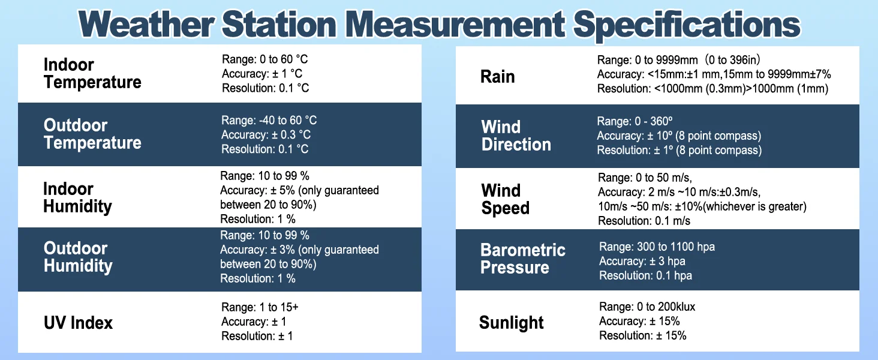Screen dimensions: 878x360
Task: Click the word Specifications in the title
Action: pos(687,25)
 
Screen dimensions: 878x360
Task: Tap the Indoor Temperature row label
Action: pos(92,73)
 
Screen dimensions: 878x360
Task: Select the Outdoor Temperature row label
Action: pos(92,134)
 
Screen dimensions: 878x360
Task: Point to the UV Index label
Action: pos(78,323)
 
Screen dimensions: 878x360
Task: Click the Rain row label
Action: pos(497,76)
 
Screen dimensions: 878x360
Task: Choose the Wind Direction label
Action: pos(516,136)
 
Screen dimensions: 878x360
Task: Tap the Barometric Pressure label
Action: pos(523,259)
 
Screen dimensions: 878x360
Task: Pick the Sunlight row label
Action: pos(511,323)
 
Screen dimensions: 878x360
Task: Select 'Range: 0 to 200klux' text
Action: pos(647,307)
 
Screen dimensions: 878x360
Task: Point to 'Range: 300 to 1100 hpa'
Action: pos(657,247)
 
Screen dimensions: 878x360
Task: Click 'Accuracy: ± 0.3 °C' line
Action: pos(266,134)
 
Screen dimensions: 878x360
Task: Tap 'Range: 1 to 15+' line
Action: pos(260,307)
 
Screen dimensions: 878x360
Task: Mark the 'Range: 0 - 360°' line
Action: pos(635,121)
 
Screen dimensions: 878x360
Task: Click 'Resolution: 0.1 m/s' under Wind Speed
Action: pos(644,221)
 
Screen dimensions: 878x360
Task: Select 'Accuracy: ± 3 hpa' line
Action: pos(642,261)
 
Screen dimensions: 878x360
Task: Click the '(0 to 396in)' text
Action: pos(732,59)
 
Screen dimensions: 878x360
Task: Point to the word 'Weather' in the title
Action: pos(146,25)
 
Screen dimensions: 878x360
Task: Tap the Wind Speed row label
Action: pos(505,199)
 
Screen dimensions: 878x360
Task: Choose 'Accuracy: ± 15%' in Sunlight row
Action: pos(639,321)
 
